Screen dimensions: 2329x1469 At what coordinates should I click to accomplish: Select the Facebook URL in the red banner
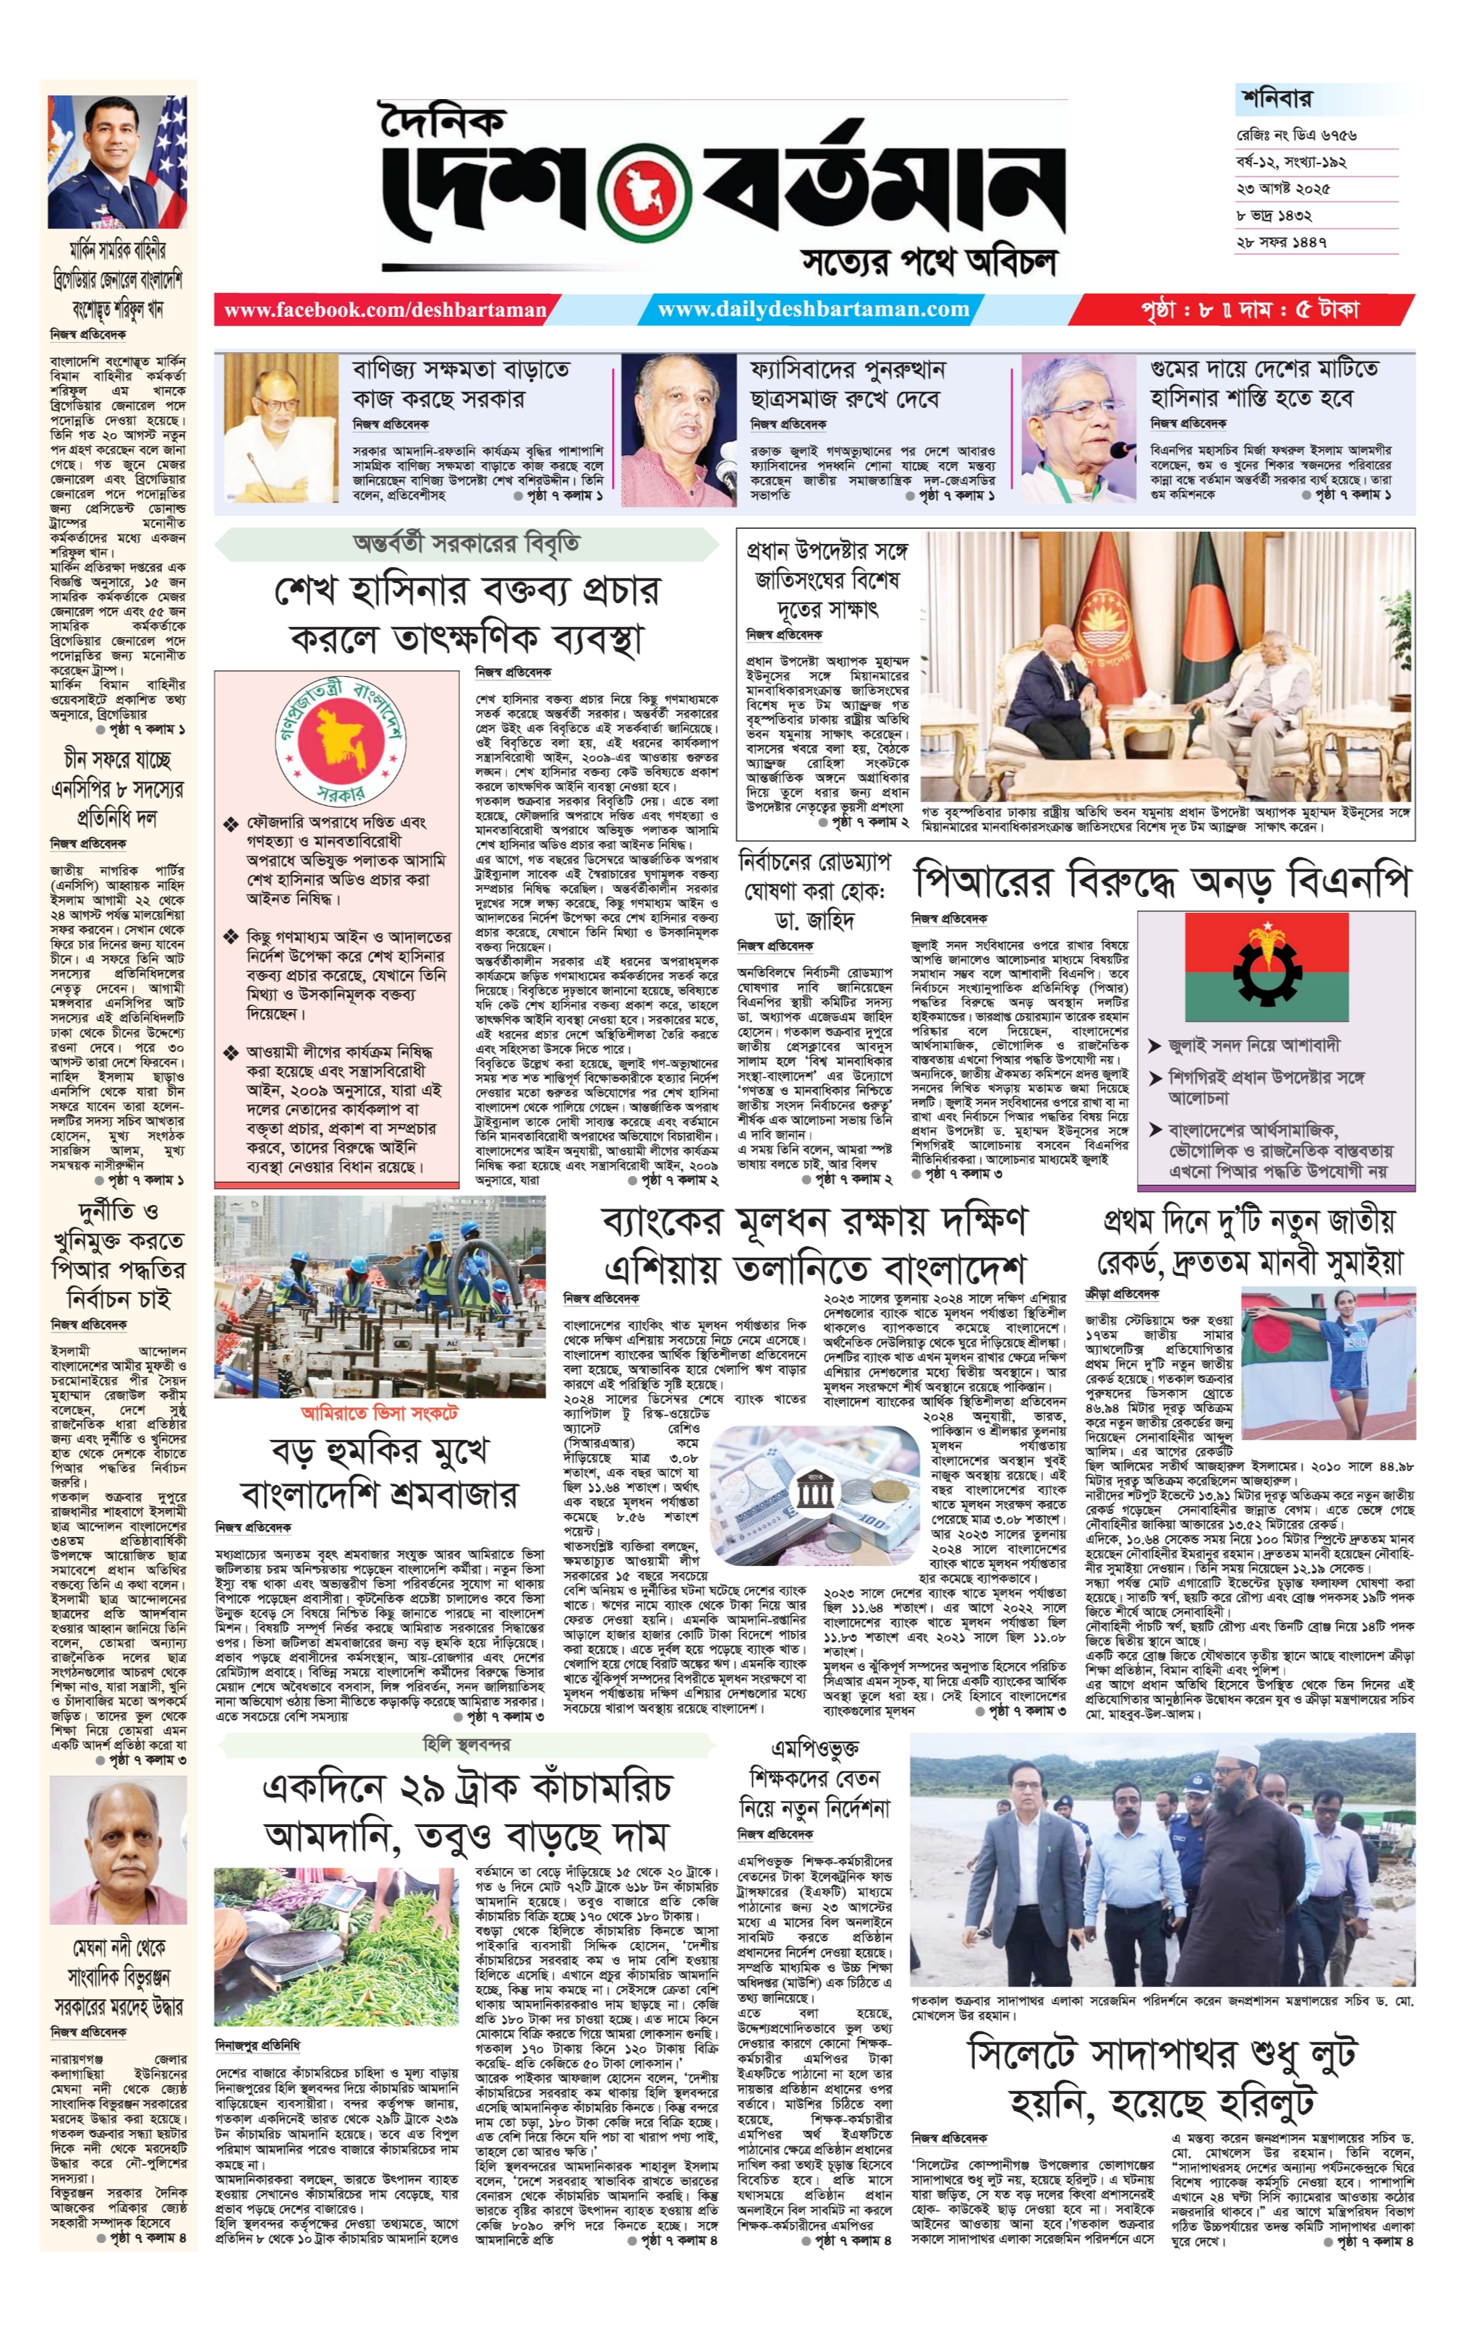click(385, 310)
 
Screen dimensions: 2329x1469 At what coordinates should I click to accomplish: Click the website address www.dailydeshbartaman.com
click(812, 310)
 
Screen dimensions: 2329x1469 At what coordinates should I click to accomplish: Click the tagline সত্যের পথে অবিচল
click(929, 261)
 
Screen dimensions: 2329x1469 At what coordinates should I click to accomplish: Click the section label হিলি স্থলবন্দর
click(466, 1744)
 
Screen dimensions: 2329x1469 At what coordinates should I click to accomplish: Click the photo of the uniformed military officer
click(117, 161)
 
